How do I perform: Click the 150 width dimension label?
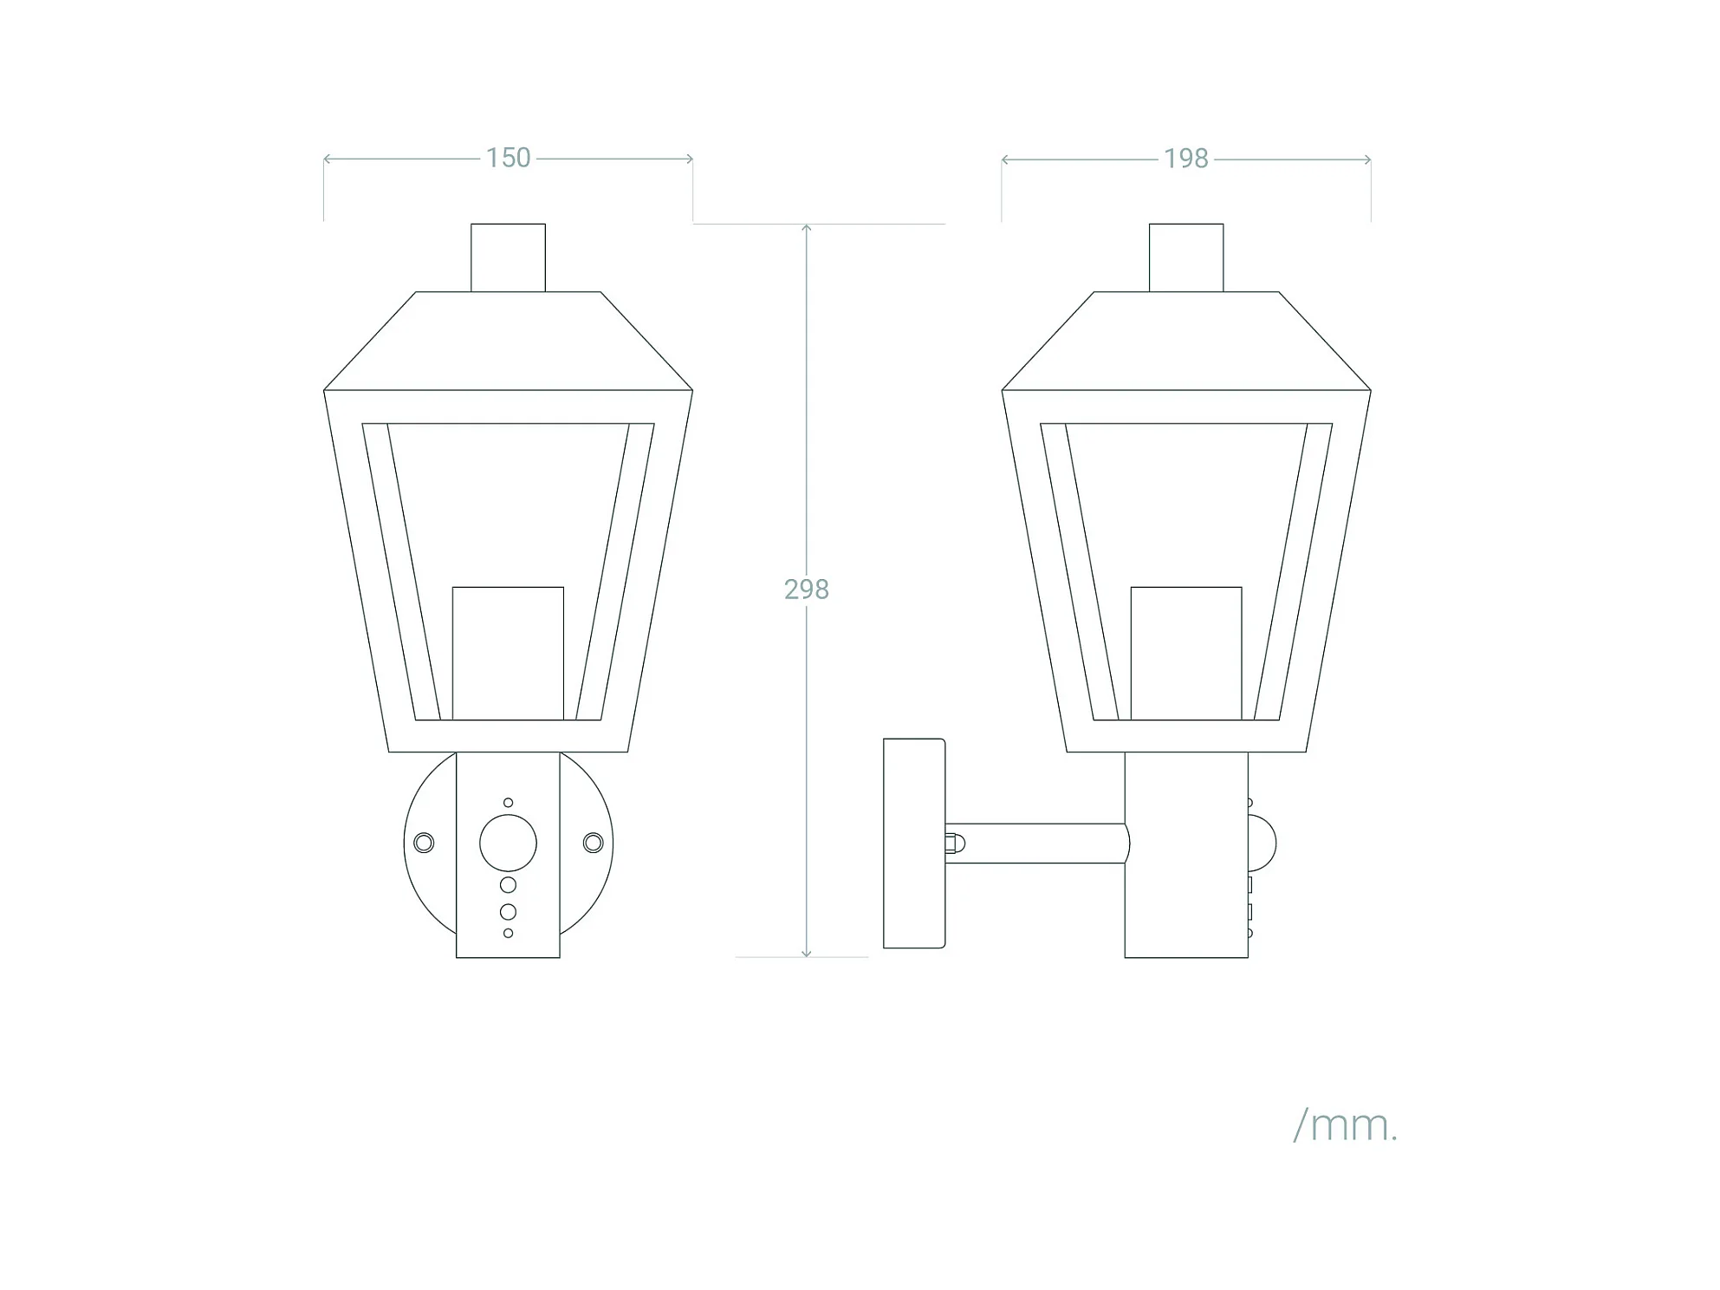click(508, 158)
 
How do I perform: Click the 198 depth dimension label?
click(1185, 159)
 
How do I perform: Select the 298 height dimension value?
click(806, 590)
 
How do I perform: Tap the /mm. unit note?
click(1345, 1126)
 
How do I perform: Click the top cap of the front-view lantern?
click(508, 257)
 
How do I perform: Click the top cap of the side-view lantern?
click(1186, 257)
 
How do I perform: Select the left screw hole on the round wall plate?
click(424, 843)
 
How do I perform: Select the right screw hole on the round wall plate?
click(593, 843)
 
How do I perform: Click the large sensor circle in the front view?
click(508, 843)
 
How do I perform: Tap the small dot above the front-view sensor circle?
click(508, 803)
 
